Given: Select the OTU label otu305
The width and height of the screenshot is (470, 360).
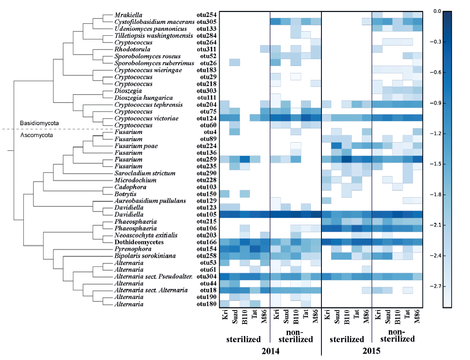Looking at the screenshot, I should (206, 22).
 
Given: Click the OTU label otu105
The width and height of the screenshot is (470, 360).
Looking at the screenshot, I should (206, 214).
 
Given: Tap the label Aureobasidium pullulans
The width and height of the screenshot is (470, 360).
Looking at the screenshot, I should (146, 200).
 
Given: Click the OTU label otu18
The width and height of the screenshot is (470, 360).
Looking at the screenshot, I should (208, 290).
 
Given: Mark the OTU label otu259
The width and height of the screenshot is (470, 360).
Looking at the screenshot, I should (206, 159).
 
